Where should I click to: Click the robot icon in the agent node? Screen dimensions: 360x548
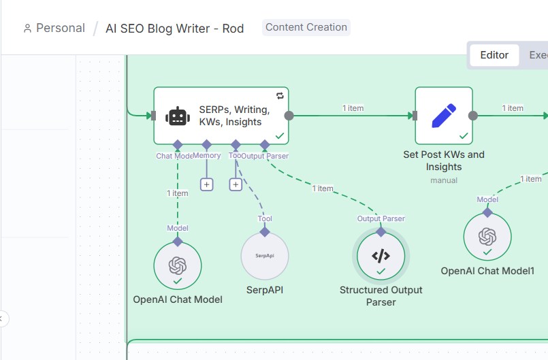(177, 116)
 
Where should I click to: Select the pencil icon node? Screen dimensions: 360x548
(444, 116)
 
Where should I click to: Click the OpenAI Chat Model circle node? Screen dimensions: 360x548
(178, 265)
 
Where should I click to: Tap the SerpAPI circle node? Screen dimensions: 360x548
(265, 256)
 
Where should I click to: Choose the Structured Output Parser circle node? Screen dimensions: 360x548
(381, 256)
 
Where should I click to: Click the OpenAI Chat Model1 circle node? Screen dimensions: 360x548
(487, 237)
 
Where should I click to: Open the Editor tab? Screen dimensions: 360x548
(494, 55)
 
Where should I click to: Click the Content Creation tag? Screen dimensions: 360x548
(306, 27)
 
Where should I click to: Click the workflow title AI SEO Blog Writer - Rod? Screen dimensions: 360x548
(174, 29)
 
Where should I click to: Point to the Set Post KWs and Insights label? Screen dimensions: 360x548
(444, 161)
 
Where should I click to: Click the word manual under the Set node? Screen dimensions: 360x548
(444, 180)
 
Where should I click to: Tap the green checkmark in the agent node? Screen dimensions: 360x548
(279, 136)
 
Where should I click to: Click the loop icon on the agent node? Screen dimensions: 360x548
(280, 96)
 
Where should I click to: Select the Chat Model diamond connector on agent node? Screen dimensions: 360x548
(178, 144)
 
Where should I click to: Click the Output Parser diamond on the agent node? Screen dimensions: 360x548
(265, 144)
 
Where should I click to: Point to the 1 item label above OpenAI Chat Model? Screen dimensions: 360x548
(178, 193)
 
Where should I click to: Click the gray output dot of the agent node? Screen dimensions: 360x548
(289, 116)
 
